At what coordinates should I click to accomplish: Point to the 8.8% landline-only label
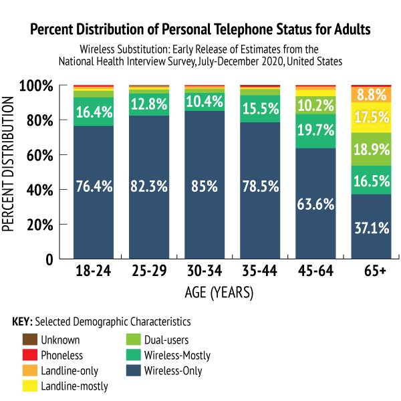[x=371, y=94]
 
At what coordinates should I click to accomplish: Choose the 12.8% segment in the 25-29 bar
[x=149, y=104]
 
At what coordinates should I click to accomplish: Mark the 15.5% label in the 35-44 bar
[x=260, y=106]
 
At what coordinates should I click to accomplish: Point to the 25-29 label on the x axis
[x=149, y=273]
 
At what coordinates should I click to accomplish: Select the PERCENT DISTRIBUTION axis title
[x=9, y=164]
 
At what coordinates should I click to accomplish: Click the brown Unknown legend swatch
[x=29, y=340]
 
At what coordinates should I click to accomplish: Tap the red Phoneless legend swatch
[x=29, y=355]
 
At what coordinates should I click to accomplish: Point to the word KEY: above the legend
[x=23, y=321]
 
